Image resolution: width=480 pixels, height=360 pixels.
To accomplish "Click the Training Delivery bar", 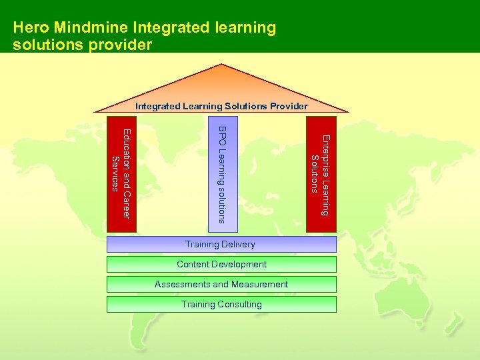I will point(221,245).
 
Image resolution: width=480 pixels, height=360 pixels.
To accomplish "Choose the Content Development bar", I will point(221,265).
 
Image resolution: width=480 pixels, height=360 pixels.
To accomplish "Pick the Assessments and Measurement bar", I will point(221,285).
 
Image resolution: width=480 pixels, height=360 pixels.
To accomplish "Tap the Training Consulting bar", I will point(221,305).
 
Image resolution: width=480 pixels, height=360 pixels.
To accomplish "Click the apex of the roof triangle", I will point(222,64).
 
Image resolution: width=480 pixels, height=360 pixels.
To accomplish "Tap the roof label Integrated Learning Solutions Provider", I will point(221,106).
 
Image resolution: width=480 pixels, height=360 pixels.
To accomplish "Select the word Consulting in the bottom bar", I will point(239,305).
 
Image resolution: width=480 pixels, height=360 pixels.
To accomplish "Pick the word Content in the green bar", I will point(193,265).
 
